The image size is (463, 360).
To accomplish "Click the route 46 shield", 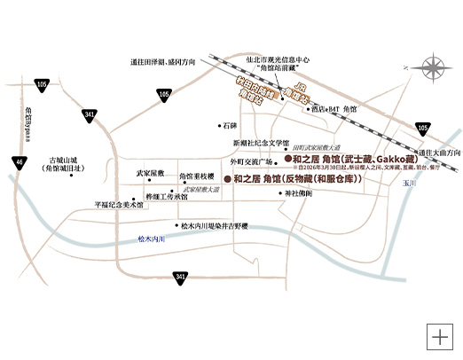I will [x=20, y=161].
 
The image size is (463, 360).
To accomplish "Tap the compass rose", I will [x=436, y=67].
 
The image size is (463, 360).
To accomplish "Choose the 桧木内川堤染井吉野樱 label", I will [x=217, y=226].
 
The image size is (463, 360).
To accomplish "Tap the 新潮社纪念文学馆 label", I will [x=262, y=143].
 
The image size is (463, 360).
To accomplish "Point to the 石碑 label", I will [x=231, y=126].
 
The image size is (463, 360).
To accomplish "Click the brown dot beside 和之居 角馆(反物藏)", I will [x=228, y=178].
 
